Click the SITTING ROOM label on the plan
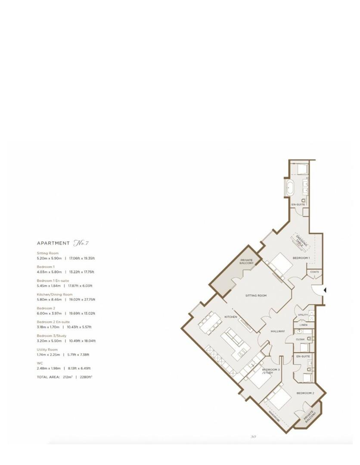pyautogui.click(x=256, y=296)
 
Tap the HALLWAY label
pyautogui.click(x=278, y=331)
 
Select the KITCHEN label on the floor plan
pyautogui.click(x=231, y=317)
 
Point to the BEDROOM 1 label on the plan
pyautogui.click(x=301, y=258)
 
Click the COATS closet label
pyautogui.click(x=314, y=272)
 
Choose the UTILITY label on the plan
pyautogui.click(x=303, y=315)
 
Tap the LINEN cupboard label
pyautogui.click(x=304, y=325)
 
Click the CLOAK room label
pyautogui.click(x=301, y=339)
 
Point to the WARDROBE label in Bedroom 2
pyautogui.click(x=274, y=417)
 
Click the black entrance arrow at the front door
pyautogui.click(x=325, y=291)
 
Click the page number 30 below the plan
pyautogui.click(x=253, y=437)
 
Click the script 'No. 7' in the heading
pyautogui.click(x=81, y=243)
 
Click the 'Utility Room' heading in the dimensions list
pyautogui.click(x=47, y=350)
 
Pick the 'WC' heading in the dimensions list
pyautogui.click(x=40, y=363)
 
